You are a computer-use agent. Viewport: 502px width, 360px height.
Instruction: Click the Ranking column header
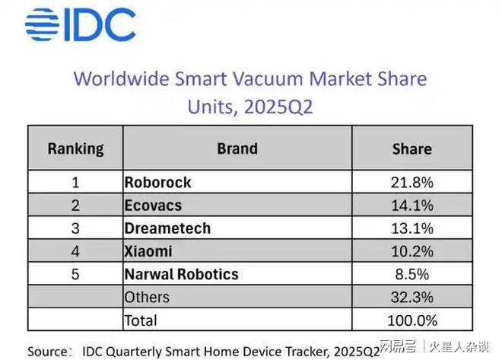coord(75,148)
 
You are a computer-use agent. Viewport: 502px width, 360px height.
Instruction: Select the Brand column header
coord(237,148)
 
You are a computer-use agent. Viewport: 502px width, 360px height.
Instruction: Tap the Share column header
coord(411,148)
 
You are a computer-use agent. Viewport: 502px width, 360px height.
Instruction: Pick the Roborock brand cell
coord(157,183)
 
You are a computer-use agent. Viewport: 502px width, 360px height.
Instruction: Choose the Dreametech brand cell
coord(167,228)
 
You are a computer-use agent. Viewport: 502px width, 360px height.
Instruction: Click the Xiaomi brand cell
coord(148,251)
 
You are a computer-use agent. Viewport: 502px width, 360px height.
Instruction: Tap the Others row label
coord(147,297)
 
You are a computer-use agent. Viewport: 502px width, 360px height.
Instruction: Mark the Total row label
coord(141,320)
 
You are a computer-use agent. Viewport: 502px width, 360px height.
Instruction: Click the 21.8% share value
coord(411,183)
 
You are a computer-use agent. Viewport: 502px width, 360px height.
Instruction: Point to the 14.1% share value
coord(411,205)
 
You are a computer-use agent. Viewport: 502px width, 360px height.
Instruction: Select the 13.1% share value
coord(411,228)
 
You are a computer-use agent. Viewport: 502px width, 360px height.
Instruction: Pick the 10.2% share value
coord(411,251)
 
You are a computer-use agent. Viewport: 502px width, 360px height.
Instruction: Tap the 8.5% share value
coord(411,274)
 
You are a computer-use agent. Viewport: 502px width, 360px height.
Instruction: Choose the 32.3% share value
coord(411,297)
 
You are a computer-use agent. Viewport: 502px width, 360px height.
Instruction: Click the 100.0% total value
coord(411,320)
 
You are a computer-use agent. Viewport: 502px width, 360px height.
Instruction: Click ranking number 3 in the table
coord(75,228)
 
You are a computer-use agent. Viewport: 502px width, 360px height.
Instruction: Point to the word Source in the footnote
coord(50,350)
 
